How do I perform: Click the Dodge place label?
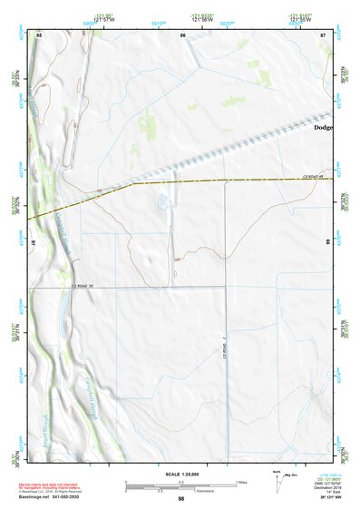(x=323, y=128)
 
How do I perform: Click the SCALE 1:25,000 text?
(x=180, y=474)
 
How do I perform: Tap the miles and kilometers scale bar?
(x=180, y=485)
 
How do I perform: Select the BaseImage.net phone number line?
(x=56, y=497)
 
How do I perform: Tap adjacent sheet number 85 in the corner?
(x=39, y=34)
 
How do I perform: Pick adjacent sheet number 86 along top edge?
(x=183, y=34)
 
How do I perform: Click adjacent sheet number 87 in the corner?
(x=323, y=34)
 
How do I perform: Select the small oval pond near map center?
(x=163, y=202)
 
